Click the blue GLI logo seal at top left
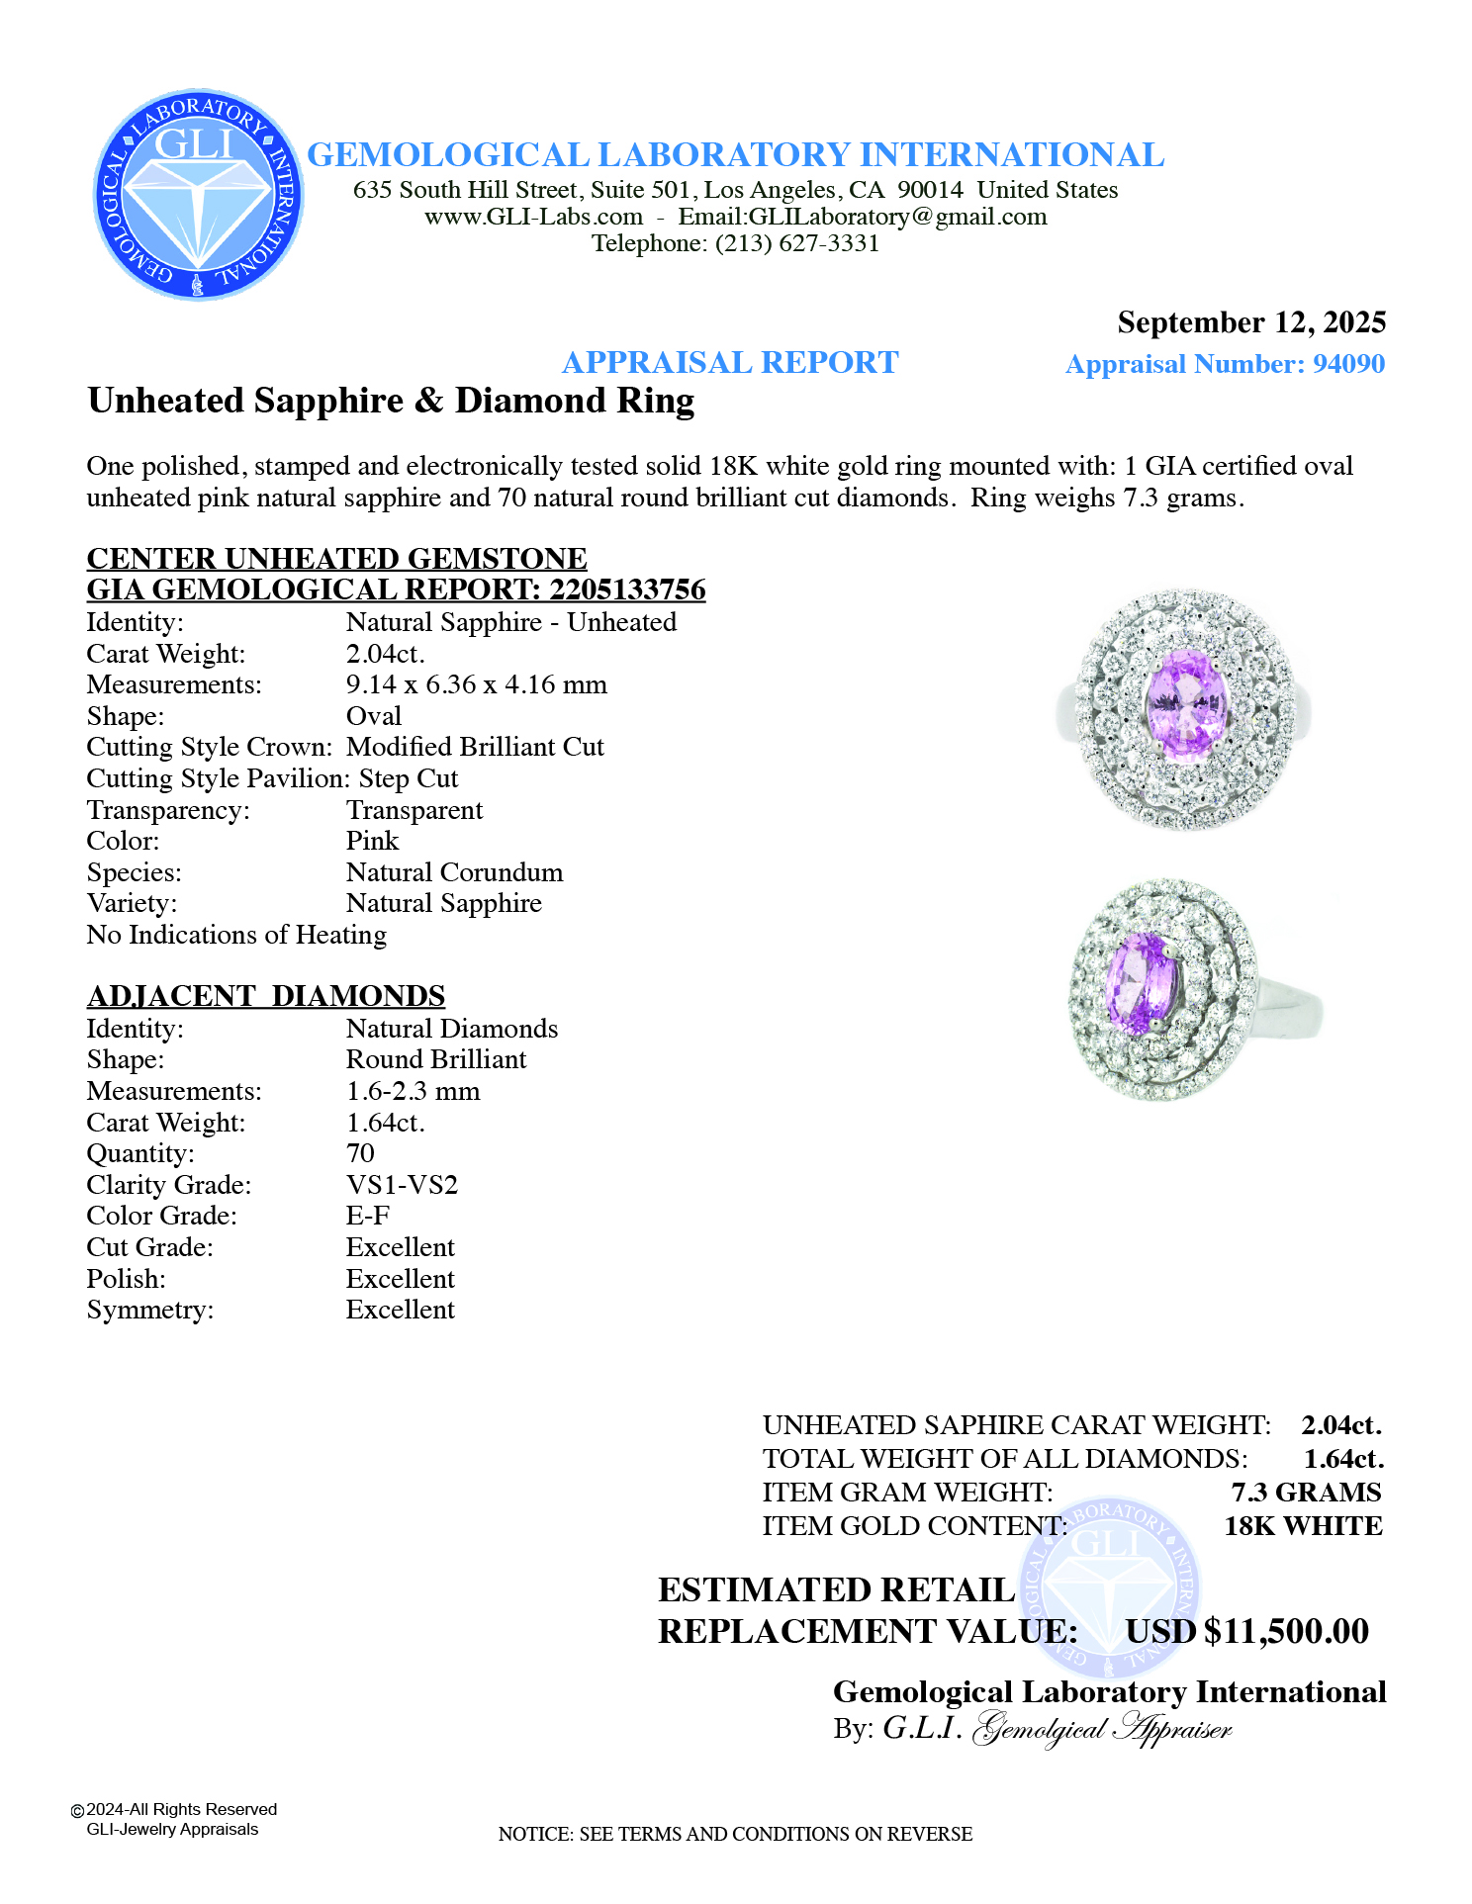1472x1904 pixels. coord(198,195)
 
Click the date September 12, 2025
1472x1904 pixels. coord(1250,322)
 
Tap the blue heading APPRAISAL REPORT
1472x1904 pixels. coord(729,363)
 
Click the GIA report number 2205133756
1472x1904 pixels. coord(627,589)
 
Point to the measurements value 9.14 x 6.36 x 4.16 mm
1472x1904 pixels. coord(476,684)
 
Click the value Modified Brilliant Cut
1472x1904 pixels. coord(475,747)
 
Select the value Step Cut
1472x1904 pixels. coord(408,778)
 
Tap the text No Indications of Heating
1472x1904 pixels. coord(236,935)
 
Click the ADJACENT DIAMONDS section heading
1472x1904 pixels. coord(266,996)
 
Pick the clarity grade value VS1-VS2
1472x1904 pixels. coord(402,1185)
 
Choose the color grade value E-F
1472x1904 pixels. coord(367,1216)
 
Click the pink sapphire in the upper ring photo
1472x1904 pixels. coord(1186,704)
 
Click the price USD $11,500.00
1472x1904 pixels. coord(1246,1631)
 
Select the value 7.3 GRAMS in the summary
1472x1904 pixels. coord(1306,1493)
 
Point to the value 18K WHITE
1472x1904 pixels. coord(1303,1526)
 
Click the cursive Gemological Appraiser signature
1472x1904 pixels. coord(1102,1729)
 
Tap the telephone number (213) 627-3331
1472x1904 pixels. coord(797,243)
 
